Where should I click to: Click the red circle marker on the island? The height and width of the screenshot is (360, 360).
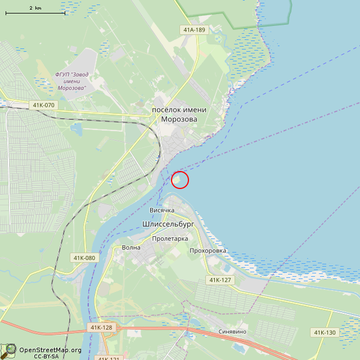179,179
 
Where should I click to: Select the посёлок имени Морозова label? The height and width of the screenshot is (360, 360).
179,114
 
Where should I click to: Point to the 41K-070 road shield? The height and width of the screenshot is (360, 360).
43,105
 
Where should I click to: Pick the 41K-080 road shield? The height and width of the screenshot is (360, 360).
84,258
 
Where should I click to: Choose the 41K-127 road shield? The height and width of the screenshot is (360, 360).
220,280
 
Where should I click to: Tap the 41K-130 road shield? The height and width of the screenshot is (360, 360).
325,332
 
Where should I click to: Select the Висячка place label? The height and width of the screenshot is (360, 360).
161,210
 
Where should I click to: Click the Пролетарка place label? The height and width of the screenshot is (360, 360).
170,238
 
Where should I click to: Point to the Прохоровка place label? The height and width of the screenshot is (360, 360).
208,250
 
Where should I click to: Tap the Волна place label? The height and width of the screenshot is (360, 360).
131,247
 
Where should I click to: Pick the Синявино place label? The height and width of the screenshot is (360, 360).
232,331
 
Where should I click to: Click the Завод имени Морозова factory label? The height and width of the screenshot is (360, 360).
71,81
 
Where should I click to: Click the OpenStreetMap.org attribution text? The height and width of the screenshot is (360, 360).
51,350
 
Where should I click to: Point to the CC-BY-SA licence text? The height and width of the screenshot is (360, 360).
46,357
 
